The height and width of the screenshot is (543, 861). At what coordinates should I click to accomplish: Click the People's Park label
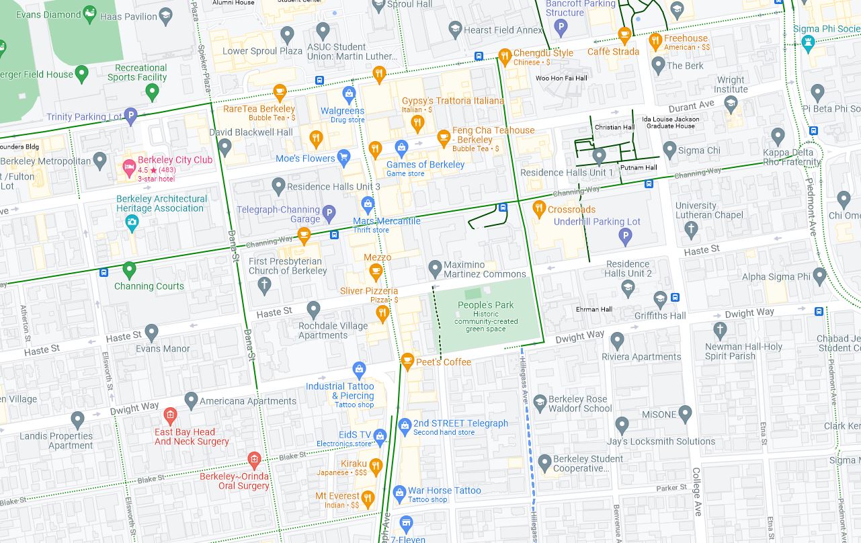pos(485,305)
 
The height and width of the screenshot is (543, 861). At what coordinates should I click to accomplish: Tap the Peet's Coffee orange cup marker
pos(407,361)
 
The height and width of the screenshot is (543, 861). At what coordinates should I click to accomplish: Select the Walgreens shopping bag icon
pos(349,93)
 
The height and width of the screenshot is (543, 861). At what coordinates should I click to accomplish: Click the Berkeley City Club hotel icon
pos(128,166)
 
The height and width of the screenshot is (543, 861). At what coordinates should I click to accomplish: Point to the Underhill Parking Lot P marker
pos(625,236)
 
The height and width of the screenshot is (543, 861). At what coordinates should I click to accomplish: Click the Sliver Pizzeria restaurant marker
pos(382,311)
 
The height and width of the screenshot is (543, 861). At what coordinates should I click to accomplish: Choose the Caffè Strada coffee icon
pos(624,34)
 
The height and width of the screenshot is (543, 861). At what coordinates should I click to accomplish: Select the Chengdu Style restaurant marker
pos(505,55)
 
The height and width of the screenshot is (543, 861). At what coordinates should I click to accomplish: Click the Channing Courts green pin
pos(129,270)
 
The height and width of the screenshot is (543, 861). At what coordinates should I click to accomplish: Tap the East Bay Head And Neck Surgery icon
pos(169,414)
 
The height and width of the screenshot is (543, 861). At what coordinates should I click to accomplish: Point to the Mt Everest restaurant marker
pos(367,498)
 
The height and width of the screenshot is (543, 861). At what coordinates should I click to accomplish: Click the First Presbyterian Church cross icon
pos(265,285)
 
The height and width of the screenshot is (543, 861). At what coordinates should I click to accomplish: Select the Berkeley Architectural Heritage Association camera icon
pos(132,223)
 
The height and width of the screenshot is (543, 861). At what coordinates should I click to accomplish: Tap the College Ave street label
pos(697,491)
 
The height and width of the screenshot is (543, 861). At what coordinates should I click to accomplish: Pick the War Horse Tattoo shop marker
pos(399,493)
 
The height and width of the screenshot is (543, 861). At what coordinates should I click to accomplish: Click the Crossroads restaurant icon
pos(538,208)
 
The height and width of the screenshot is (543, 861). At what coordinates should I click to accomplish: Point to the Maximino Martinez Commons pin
pos(435,267)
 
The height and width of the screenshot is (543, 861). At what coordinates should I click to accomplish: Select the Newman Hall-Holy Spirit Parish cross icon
pos(720,330)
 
